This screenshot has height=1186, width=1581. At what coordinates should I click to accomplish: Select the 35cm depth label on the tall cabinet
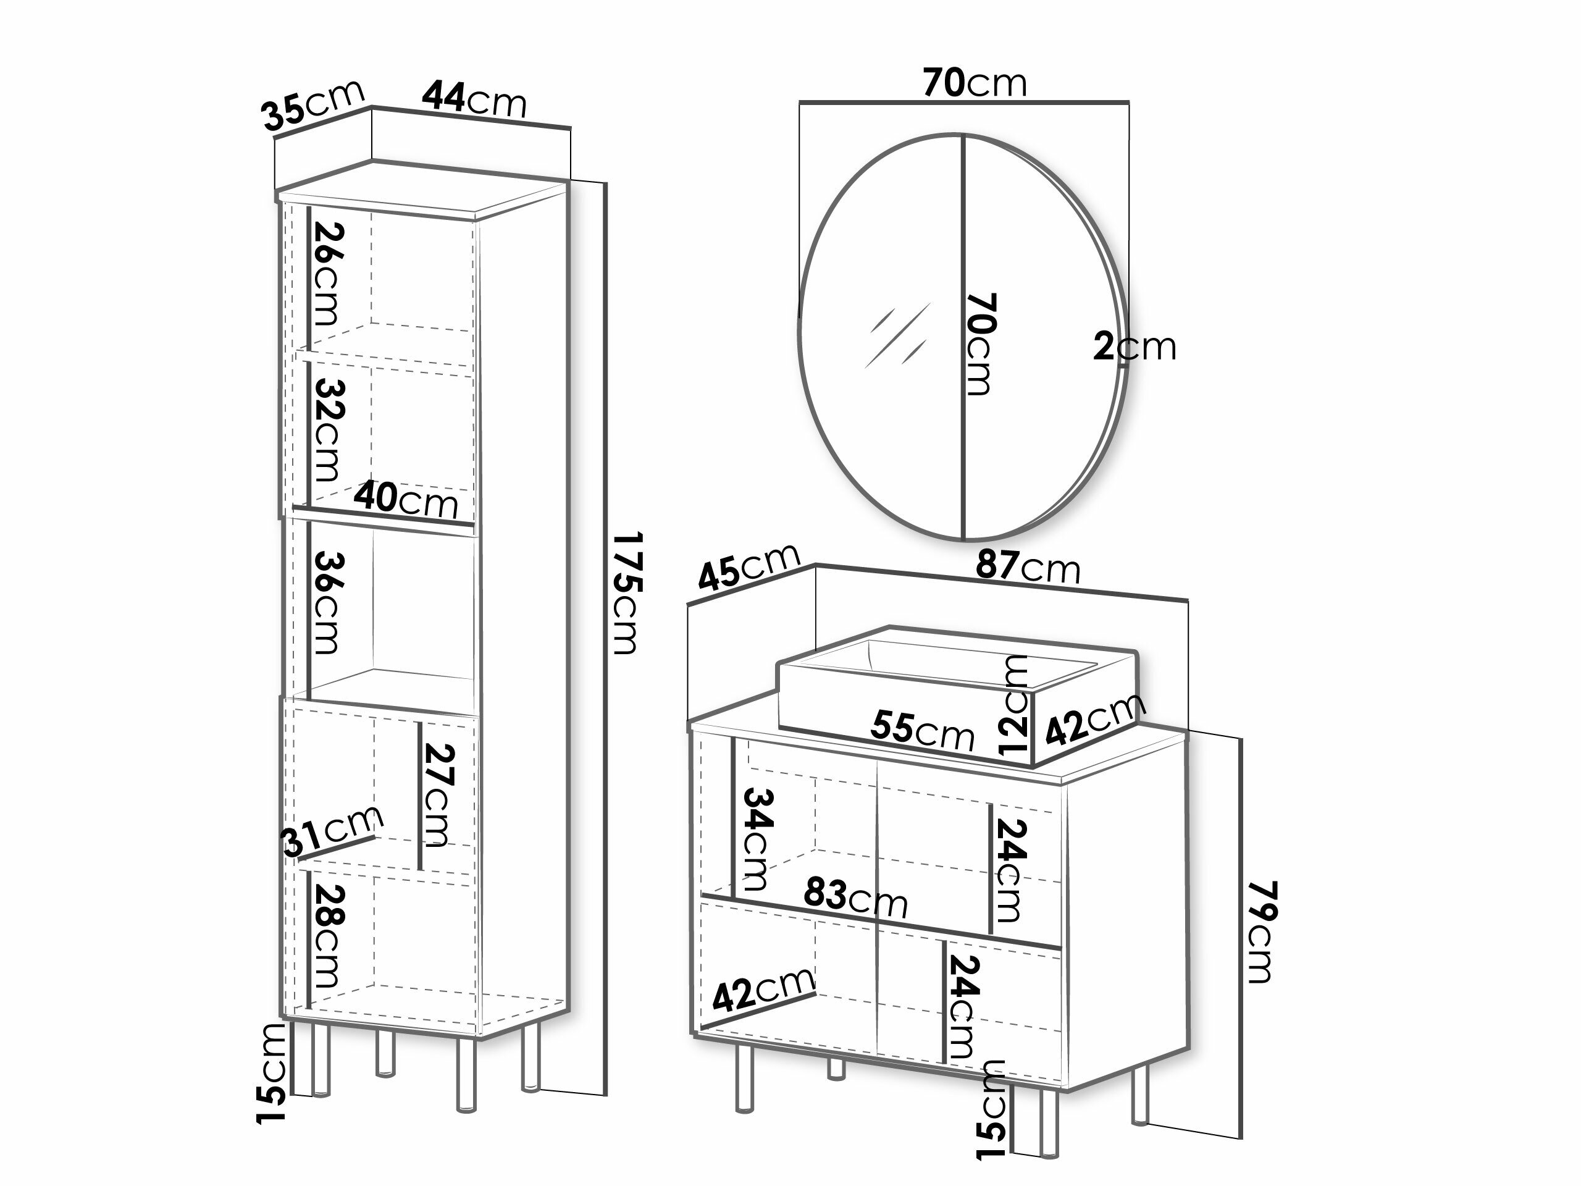pyautogui.click(x=314, y=106)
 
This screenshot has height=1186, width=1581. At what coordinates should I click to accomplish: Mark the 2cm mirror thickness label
pyautogui.click(x=1134, y=347)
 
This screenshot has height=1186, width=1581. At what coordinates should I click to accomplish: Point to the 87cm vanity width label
pyautogui.click(x=1028, y=567)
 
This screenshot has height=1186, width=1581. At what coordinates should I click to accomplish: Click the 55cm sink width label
pyautogui.click(x=922, y=731)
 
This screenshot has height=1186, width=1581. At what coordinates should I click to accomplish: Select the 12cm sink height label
pyautogui.click(x=1014, y=705)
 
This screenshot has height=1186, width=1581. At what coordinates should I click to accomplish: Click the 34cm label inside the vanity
pyautogui.click(x=758, y=839)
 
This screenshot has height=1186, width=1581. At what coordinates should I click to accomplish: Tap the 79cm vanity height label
pyautogui.click(x=1262, y=932)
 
